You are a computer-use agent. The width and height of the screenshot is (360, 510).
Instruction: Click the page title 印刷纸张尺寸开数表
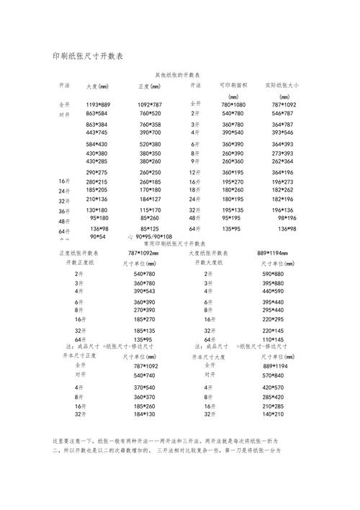(89, 56)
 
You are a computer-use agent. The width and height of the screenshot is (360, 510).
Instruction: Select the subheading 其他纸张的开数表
(177, 75)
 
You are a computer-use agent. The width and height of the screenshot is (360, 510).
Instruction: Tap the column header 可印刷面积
(233, 85)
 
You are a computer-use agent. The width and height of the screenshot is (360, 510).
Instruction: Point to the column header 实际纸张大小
(282, 85)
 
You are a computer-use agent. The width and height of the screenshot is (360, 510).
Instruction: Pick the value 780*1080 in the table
(233, 105)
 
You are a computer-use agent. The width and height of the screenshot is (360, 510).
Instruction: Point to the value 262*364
(282, 162)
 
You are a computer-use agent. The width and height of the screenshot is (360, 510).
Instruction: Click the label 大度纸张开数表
(213, 254)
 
